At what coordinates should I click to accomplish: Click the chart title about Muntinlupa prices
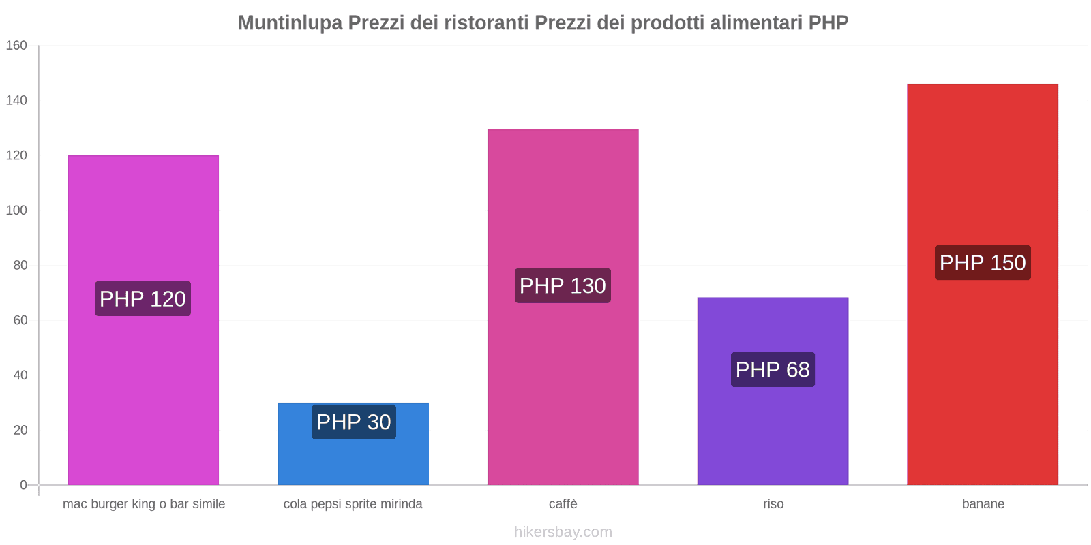pyautogui.click(x=543, y=22)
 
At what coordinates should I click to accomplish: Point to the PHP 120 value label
pyautogui.click(x=143, y=298)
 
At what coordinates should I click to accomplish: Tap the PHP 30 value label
pyautogui.click(x=354, y=422)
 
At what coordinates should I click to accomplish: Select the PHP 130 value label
pyautogui.click(x=563, y=285)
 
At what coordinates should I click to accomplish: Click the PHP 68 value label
pyautogui.click(x=773, y=369)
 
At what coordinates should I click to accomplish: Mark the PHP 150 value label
pyautogui.click(x=983, y=262)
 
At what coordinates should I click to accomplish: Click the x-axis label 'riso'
pyautogui.click(x=773, y=504)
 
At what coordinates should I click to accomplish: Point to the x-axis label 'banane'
pyautogui.click(x=983, y=504)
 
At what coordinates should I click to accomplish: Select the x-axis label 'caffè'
pyautogui.click(x=563, y=504)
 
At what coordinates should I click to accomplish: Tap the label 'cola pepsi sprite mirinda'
pyautogui.click(x=353, y=504)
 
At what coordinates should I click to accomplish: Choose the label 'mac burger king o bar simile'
pyautogui.click(x=144, y=504)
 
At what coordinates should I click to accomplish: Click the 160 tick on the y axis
pyautogui.click(x=16, y=46)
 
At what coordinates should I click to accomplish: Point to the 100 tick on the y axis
pyautogui.click(x=16, y=211)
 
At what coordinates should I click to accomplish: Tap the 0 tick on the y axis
pyautogui.click(x=23, y=485)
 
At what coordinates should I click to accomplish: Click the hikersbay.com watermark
pyautogui.click(x=563, y=532)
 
